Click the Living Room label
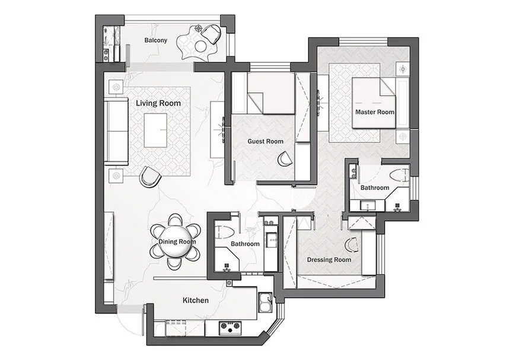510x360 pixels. coord(158,103)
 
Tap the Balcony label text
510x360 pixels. coord(156,40)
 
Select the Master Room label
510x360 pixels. coord(375,112)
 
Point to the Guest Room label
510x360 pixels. coord(266,142)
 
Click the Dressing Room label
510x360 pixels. coord(329,260)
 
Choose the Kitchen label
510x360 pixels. coord(196,300)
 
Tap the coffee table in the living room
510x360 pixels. coord(155,130)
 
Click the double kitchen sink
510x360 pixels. coord(266,302)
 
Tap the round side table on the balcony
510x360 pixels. coord(202,46)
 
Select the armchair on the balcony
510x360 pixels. coord(212,33)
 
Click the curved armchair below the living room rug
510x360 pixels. coord(150,177)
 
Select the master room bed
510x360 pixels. coord(374,103)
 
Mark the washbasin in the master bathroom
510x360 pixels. coord(367,206)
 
